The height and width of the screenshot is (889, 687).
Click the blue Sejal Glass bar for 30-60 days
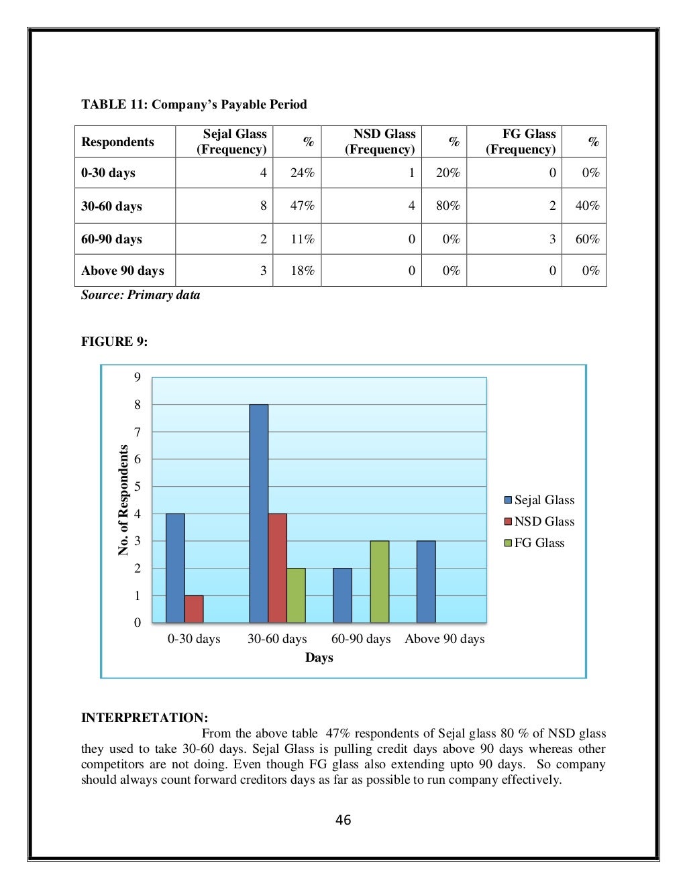tap(258, 514)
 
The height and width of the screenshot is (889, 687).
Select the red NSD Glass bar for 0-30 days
tap(194, 609)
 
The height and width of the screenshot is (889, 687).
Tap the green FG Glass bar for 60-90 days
tap(379, 581)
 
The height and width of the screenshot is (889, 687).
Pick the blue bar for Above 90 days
tap(426, 581)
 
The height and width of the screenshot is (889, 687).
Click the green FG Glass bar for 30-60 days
tap(296, 595)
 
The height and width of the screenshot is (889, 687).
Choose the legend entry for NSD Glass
tap(539, 522)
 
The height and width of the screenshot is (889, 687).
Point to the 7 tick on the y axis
tap(138, 432)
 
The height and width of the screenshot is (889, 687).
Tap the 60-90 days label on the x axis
tap(361, 639)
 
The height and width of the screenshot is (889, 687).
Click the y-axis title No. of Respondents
tap(123, 500)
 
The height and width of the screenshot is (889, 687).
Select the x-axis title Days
tap(319, 658)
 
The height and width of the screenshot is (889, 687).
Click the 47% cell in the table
tap(302, 206)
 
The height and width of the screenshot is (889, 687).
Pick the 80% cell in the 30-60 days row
tap(447, 206)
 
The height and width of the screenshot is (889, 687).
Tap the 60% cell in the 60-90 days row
tap(587, 239)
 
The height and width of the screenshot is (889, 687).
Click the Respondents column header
tap(117, 142)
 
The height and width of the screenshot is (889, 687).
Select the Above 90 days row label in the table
tap(123, 271)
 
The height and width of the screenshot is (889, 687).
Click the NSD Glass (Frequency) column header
tap(380, 142)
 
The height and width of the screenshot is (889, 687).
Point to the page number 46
tap(343, 820)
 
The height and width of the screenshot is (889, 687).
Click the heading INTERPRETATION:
tap(144, 717)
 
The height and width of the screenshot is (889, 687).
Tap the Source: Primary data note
tap(140, 295)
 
